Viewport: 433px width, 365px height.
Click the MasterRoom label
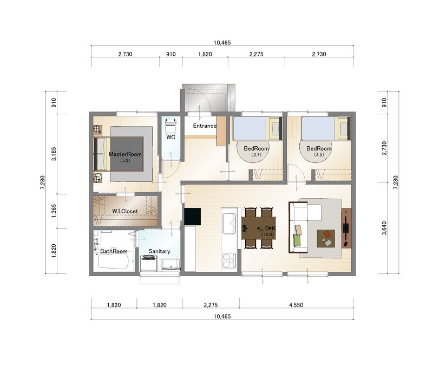[x=125, y=154]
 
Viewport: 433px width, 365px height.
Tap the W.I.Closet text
[x=125, y=211]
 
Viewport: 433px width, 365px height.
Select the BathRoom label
[x=114, y=251]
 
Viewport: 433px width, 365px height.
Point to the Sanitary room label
[x=159, y=251]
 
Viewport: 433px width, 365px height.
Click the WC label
[x=171, y=137]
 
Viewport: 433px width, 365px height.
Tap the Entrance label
[x=205, y=126]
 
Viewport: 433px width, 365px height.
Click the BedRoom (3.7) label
[x=256, y=151]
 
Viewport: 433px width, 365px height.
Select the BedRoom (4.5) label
[x=319, y=151]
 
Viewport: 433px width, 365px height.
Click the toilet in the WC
[x=170, y=126]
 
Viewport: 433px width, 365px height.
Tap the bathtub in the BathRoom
[x=113, y=261]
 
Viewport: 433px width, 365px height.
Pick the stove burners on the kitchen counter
[x=229, y=260]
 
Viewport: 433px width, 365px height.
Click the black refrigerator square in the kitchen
[x=193, y=217]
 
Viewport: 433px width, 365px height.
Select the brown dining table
[x=259, y=228]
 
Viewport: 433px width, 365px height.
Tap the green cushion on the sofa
[x=297, y=239]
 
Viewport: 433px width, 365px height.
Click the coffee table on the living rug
[x=326, y=238]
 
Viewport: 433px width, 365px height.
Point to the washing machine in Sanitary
[x=148, y=263]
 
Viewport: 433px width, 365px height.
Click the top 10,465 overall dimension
[x=222, y=43]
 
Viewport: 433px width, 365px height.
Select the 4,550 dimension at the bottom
[x=296, y=305]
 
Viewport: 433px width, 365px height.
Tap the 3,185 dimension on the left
[x=54, y=154]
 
